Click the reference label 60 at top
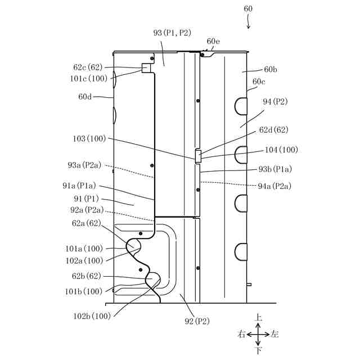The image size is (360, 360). pos(249,9)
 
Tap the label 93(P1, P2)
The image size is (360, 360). pos(172,33)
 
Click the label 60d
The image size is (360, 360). pos(85,97)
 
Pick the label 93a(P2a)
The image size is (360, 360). pos(84,165)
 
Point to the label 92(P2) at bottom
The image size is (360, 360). pos(195,321)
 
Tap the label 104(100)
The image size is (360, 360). pos(281,150)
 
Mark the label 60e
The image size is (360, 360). pos(213,41)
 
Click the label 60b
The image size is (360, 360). pos(271,70)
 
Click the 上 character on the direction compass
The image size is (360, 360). pos(258,318)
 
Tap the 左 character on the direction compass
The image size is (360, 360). pos(274,335)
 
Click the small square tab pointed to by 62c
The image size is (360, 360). pos(146,68)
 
